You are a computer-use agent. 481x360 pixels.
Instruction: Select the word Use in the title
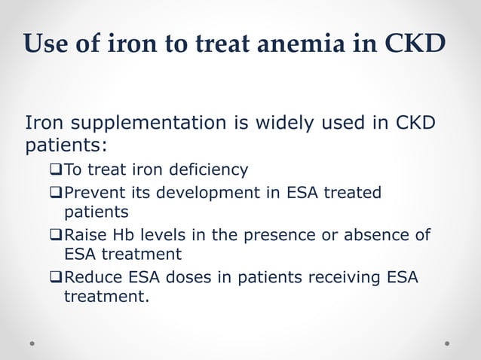click(x=45, y=44)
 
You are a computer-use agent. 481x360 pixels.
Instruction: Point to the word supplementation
click(x=142, y=123)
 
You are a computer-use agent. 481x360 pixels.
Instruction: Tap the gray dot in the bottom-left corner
click(x=32, y=343)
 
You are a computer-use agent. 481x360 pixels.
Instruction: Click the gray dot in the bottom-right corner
click(x=447, y=343)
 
